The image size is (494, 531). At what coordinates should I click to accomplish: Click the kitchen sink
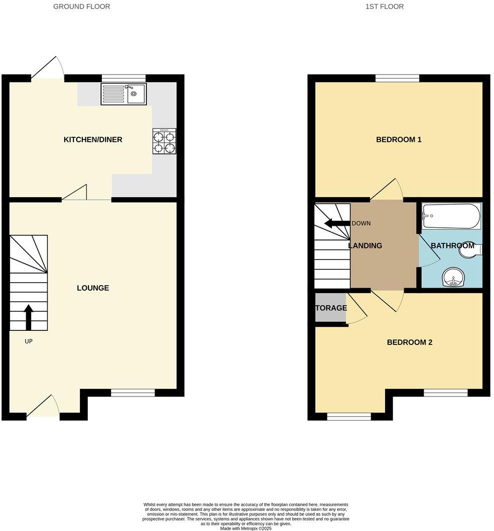pos(124,94)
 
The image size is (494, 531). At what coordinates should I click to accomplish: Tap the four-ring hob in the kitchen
pos(164,141)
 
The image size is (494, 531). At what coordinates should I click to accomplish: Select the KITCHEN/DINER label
pos(93,139)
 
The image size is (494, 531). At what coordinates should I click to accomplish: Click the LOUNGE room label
pos(93,288)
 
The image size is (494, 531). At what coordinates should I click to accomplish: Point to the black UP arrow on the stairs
pos(29,317)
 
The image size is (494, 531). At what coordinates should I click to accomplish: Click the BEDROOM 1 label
pos(399,139)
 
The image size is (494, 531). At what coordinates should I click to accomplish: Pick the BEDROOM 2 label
pos(410,342)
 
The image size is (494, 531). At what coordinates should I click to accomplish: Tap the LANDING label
pos(365,246)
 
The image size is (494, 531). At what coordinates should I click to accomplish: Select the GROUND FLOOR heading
pos(82,7)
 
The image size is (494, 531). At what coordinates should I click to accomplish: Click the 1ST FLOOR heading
pos(385,7)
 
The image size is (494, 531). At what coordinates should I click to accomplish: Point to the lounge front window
pos(133,393)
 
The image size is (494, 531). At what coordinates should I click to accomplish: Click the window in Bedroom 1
pos(397,78)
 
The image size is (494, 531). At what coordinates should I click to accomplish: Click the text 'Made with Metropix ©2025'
pos(246,528)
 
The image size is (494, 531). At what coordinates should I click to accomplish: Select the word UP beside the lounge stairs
pos(29,341)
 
